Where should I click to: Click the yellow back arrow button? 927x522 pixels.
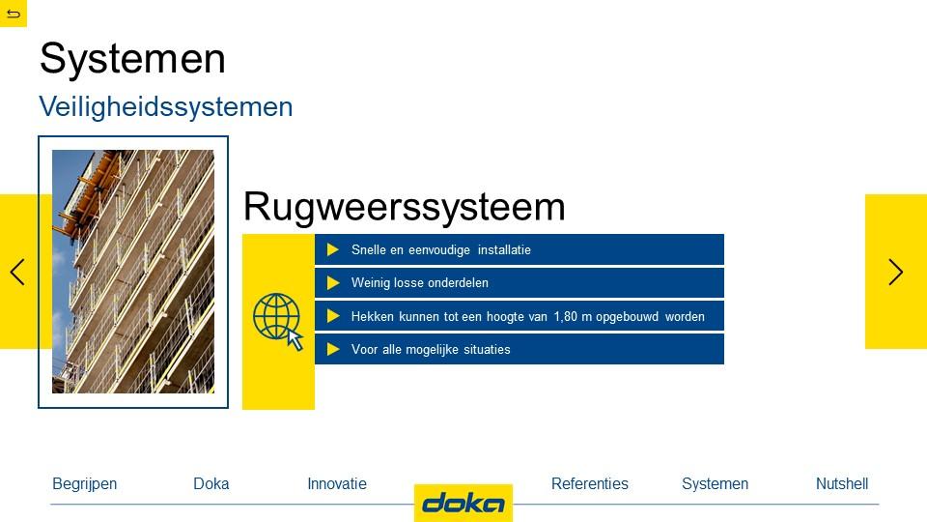(x=13, y=13)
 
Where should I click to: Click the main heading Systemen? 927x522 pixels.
(x=132, y=59)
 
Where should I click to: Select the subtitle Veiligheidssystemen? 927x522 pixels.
(x=165, y=107)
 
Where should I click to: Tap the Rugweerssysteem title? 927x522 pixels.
(x=405, y=207)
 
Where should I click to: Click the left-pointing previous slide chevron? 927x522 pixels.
(x=17, y=273)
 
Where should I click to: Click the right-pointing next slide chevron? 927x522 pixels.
(x=896, y=273)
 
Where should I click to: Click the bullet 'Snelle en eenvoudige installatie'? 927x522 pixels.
(x=441, y=249)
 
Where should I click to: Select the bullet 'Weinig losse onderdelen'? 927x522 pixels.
(x=420, y=283)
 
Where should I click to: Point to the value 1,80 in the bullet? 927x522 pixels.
(x=565, y=317)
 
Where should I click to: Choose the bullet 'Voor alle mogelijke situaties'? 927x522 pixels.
(x=431, y=349)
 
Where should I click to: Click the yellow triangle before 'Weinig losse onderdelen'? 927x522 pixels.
(x=333, y=283)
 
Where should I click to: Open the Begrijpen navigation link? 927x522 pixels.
(x=85, y=484)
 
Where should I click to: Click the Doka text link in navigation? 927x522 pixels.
(x=211, y=483)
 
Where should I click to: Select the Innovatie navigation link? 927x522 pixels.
(x=337, y=483)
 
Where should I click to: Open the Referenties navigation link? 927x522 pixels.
(x=589, y=483)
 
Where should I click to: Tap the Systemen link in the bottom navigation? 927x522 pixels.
(x=715, y=484)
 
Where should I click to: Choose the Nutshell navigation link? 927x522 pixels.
(x=842, y=483)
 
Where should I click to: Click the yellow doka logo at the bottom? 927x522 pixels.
(x=463, y=503)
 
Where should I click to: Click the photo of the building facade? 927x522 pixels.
(x=133, y=272)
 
